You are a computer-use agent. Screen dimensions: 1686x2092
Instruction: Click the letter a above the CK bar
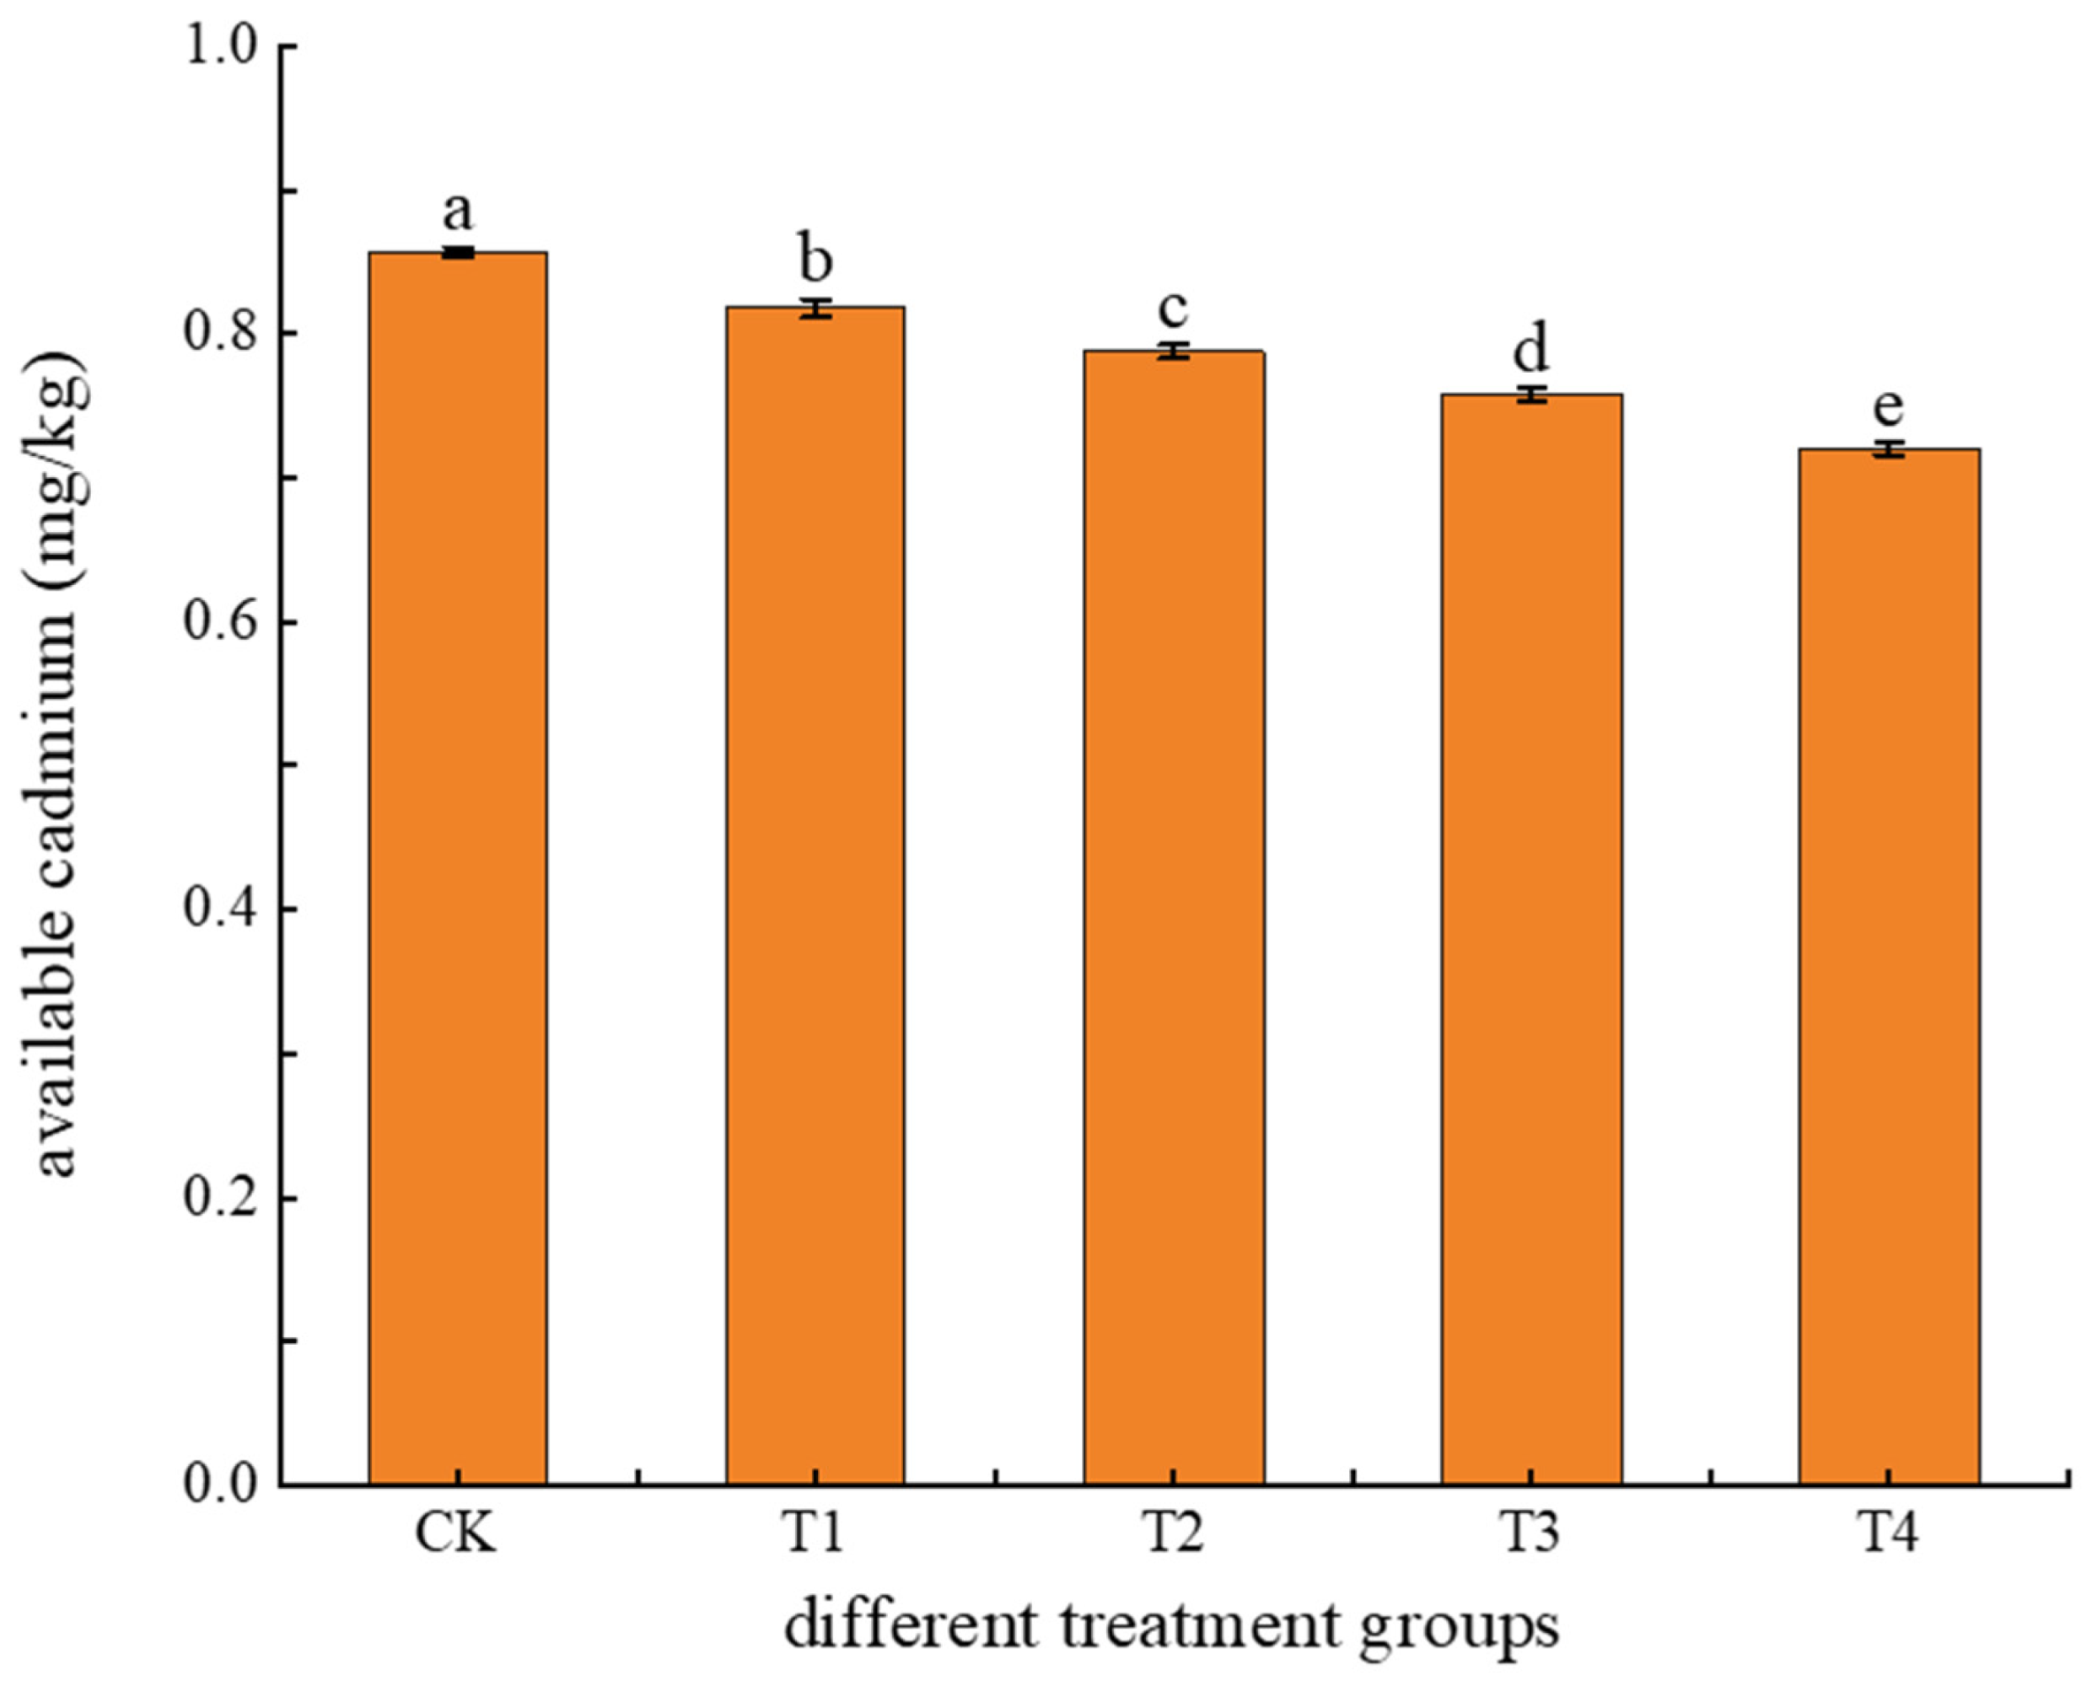(458, 210)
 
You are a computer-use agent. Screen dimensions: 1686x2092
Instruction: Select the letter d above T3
(1530, 349)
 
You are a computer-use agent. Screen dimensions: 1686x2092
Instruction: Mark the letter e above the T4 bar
(1888, 408)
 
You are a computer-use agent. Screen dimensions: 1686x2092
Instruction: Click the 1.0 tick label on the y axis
(223, 46)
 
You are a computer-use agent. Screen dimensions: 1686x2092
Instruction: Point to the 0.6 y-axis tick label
(223, 621)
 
